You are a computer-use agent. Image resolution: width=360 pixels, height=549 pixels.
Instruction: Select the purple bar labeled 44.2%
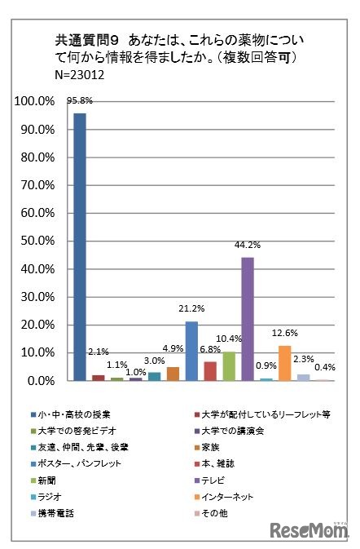pos(248,319)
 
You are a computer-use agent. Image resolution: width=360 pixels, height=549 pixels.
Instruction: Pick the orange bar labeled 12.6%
pos(285,363)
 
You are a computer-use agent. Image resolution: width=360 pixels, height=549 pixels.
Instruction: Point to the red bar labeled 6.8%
pos(210,371)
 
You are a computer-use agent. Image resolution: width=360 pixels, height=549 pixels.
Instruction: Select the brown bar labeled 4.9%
pos(173,374)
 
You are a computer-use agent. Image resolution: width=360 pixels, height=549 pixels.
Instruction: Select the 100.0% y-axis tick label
pos(33,101)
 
